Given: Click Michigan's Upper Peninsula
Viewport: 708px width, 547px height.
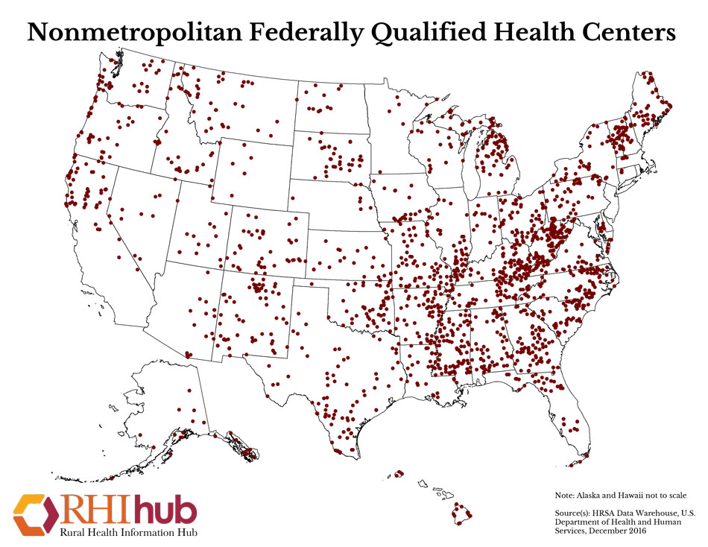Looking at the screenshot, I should (x=447, y=127).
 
